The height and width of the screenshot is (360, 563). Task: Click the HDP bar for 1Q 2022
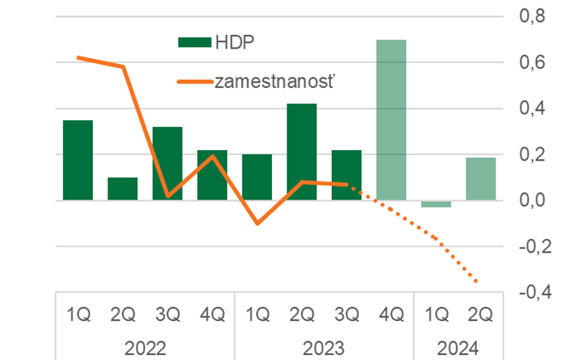click(78, 160)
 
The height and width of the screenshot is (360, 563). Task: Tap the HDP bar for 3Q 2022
click(167, 164)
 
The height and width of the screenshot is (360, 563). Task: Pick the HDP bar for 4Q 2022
click(212, 175)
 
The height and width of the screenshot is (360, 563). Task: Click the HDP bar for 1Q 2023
click(257, 177)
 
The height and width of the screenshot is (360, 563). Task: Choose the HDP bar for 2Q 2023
click(301, 152)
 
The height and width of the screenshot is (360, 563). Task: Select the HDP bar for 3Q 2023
click(346, 175)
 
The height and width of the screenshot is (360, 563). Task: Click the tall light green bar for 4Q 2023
click(391, 119)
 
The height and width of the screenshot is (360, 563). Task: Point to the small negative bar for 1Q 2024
click(436, 204)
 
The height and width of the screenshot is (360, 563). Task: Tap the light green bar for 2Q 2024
click(480, 179)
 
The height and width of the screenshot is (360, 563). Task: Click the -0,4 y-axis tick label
click(531, 293)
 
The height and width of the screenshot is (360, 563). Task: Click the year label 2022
click(144, 348)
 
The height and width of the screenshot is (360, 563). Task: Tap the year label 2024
click(458, 348)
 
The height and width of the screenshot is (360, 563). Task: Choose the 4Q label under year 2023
click(391, 315)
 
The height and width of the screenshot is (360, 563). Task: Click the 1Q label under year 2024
click(436, 315)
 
